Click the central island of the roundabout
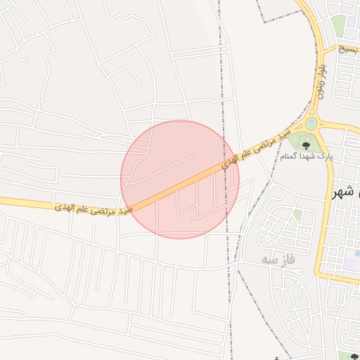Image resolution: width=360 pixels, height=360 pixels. click(x=311, y=124)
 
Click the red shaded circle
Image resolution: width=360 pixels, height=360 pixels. click(x=180, y=179)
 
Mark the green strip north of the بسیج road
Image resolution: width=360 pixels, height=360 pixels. click(x=340, y=25)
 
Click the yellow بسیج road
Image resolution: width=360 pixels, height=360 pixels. click(x=337, y=49)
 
